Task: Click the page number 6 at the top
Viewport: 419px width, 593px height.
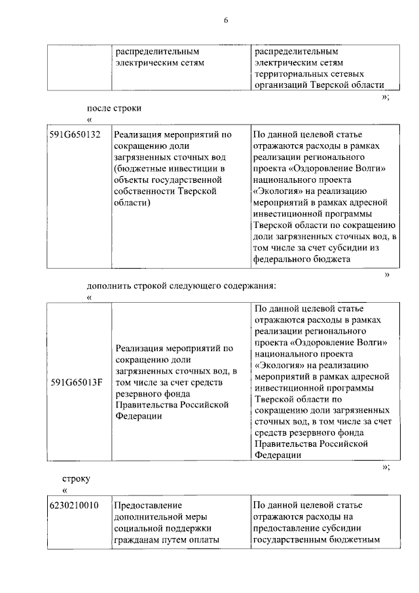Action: point(225,21)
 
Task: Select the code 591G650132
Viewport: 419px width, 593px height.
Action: point(74,135)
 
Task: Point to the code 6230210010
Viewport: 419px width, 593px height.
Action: point(74,505)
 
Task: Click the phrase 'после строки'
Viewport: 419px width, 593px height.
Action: point(115,107)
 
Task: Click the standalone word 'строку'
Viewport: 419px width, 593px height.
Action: point(76,479)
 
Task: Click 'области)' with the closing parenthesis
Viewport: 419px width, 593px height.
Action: point(132,204)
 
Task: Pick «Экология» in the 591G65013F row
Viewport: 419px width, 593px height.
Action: point(278,366)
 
